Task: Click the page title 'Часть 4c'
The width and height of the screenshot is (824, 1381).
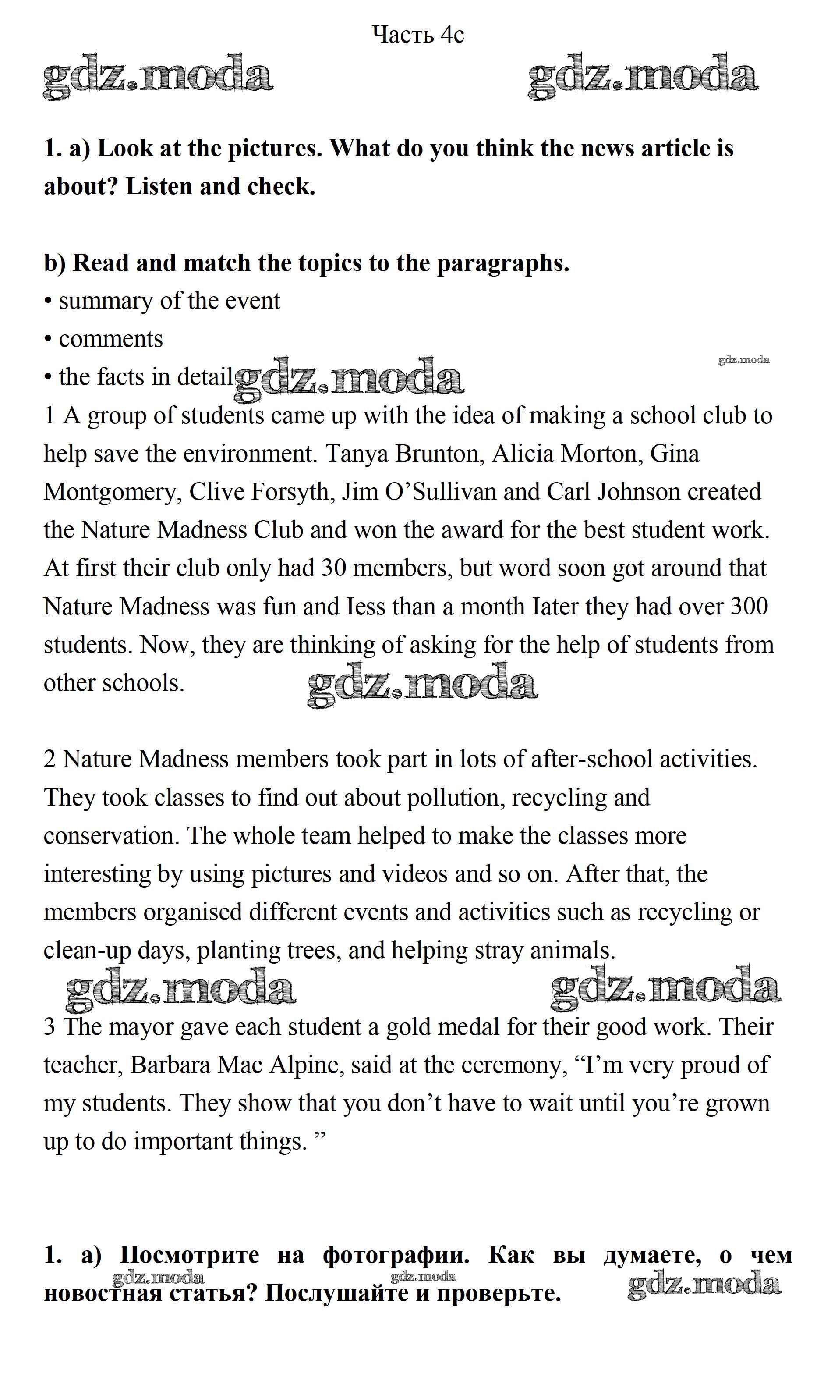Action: [417, 35]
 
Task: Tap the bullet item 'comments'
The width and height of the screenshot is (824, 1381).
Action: [110, 339]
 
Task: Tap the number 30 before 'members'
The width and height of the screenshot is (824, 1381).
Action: [334, 568]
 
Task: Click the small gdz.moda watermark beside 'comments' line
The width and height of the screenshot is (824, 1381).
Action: [743, 359]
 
